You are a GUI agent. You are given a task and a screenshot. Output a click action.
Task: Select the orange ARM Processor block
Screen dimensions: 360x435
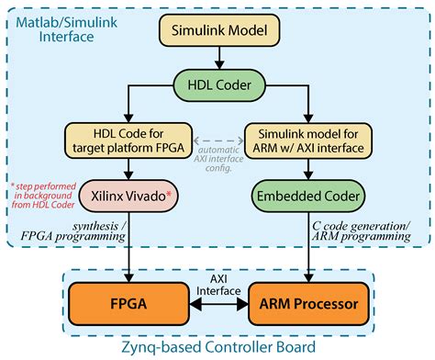pyautogui.click(x=309, y=300)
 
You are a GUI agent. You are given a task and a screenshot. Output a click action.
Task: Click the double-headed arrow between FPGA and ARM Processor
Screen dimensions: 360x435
pyautogui.click(x=218, y=301)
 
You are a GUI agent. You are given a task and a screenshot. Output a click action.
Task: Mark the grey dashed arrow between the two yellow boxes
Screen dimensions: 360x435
pyautogui.click(x=218, y=138)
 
